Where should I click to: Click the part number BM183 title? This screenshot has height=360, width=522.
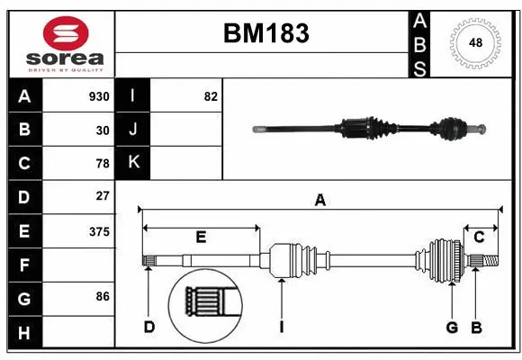[x=265, y=33]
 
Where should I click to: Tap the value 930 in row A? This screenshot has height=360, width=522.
[x=99, y=96]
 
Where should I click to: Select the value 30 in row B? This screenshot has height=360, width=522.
[x=103, y=130]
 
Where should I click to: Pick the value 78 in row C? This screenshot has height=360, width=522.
[x=102, y=163]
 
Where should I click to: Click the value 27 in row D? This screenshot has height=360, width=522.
[x=103, y=195]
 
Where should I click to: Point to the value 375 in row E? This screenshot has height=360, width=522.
[x=99, y=231]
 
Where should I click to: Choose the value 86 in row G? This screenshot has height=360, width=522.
[x=102, y=295]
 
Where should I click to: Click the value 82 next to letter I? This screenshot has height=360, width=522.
[x=211, y=96]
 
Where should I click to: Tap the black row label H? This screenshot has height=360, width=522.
[x=24, y=334]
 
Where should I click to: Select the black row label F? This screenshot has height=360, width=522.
[x=24, y=265]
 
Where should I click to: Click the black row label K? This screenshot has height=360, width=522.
[x=133, y=162]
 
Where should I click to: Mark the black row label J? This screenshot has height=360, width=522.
[x=133, y=130]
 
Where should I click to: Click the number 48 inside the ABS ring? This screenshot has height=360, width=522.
[x=474, y=41]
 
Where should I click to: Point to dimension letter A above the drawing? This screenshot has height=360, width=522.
[x=319, y=201]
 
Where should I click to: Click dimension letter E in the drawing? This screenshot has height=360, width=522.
[x=201, y=237]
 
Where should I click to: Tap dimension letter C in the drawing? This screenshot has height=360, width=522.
[x=480, y=237]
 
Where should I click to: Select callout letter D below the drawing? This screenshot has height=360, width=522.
[x=149, y=327]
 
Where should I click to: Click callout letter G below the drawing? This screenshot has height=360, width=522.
[x=452, y=327]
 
